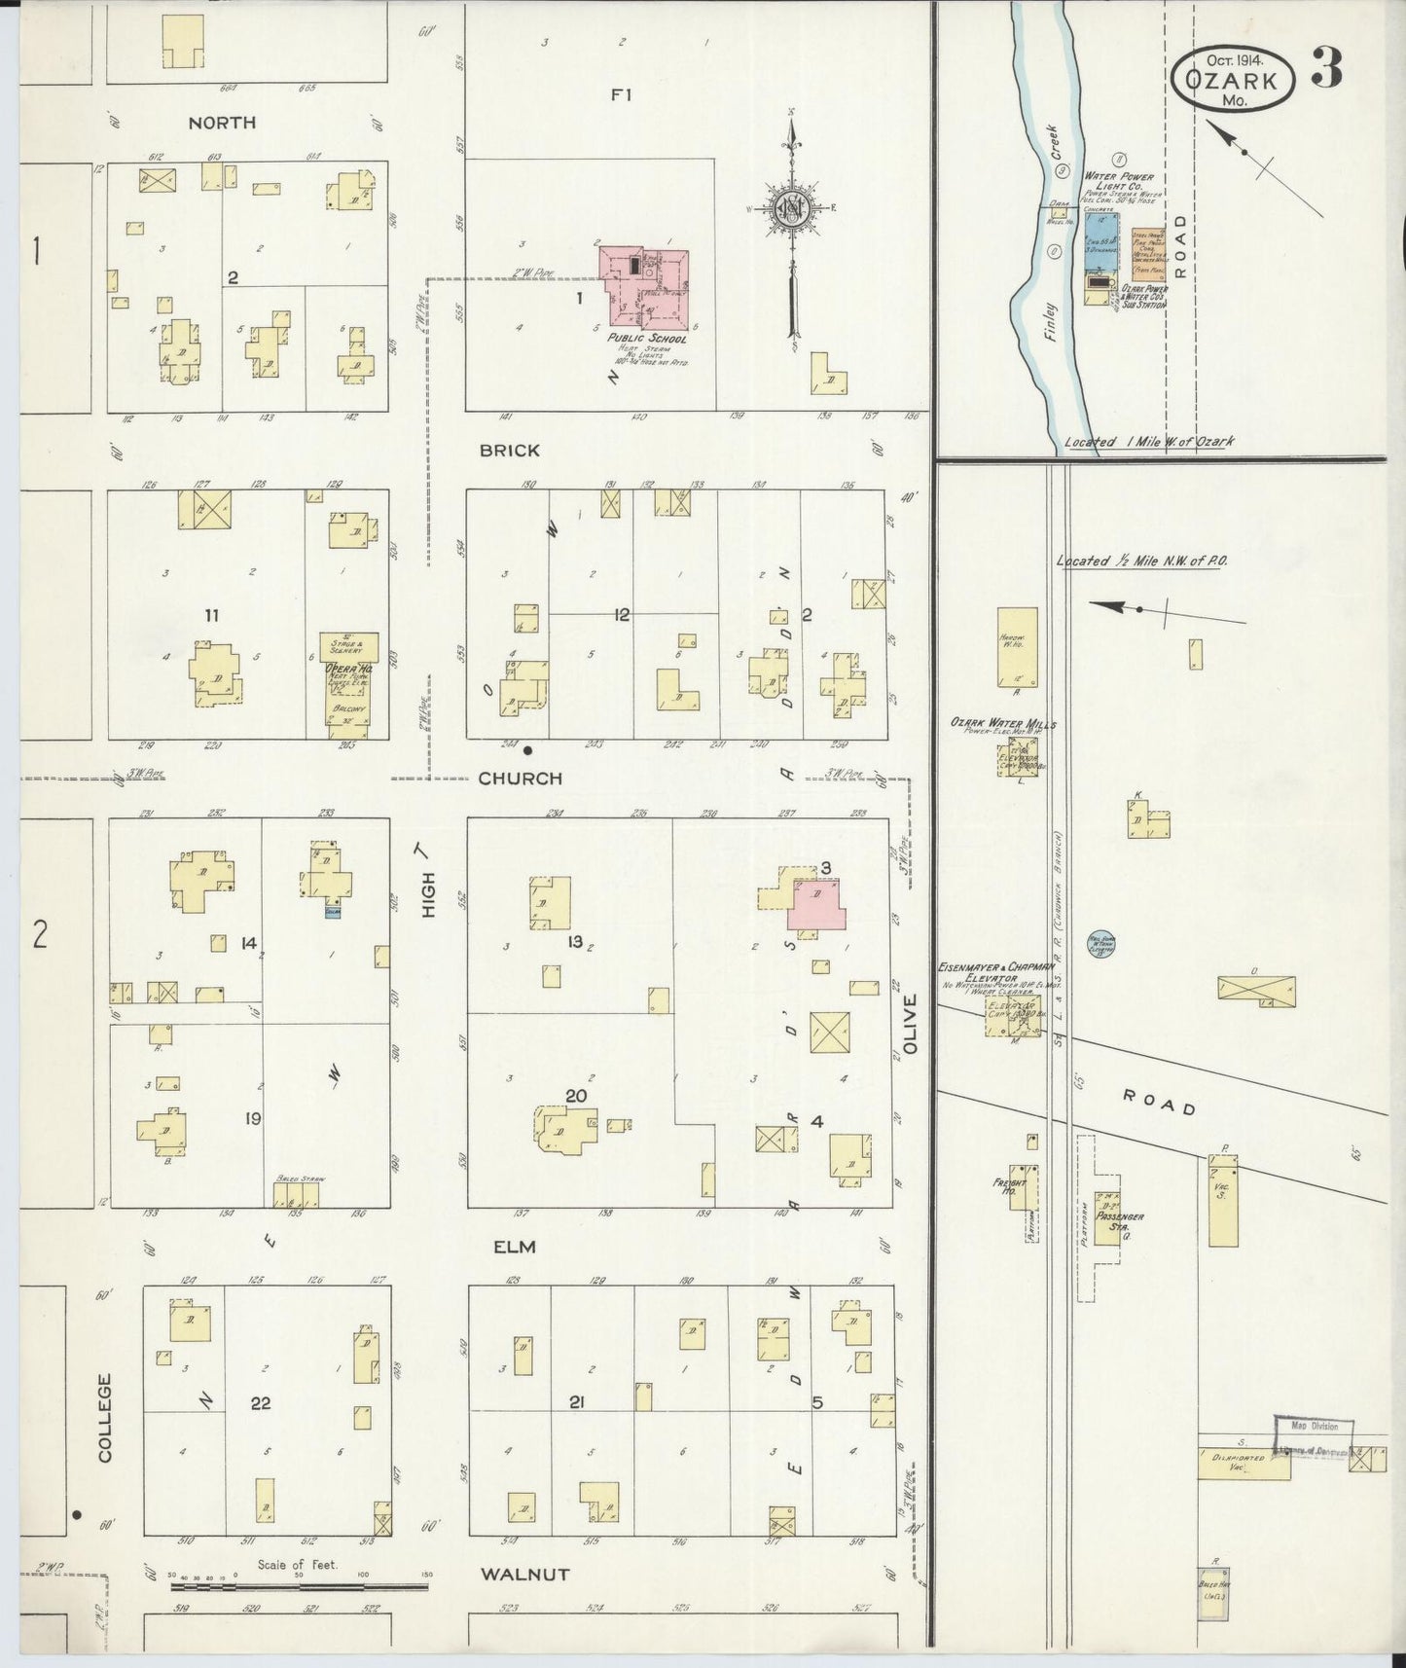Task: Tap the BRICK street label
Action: pos(509,451)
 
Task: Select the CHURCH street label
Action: pos(520,778)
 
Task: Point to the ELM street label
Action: pos(515,1247)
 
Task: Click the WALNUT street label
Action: pos(523,1574)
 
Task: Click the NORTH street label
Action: pos(222,123)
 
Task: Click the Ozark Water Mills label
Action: pos(1003,724)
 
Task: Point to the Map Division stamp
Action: pos(1315,1427)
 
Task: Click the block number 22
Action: pos(260,1403)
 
